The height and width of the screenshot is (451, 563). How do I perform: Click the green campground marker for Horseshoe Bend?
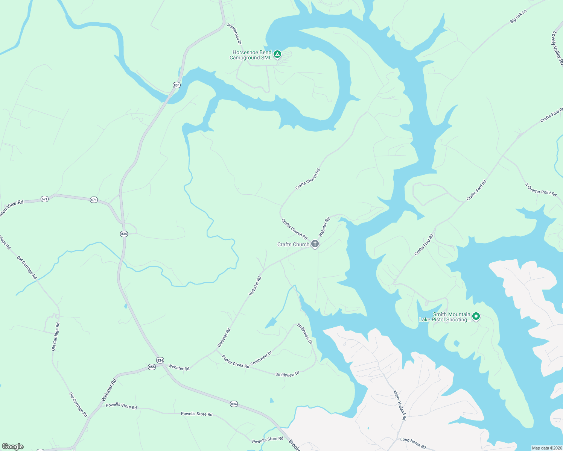coord(277,55)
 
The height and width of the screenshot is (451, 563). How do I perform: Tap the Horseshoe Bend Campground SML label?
coord(251,55)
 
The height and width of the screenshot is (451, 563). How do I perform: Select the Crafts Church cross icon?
coord(315,244)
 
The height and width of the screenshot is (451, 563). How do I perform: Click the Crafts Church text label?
coord(293,244)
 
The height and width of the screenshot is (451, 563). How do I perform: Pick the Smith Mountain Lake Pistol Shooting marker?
coord(476,317)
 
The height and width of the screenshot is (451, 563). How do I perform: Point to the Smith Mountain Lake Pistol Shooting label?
coord(445,317)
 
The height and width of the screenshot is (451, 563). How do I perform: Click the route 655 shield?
coord(152,367)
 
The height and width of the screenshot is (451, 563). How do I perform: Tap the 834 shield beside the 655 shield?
coord(160,360)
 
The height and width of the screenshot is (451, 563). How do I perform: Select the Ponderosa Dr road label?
coord(234,34)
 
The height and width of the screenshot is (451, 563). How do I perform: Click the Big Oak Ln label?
coord(518,17)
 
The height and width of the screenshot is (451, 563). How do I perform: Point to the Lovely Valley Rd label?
coord(557,48)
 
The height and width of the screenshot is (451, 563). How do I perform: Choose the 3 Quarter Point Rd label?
coord(541,189)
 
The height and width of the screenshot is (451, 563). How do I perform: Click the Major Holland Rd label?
coord(400,405)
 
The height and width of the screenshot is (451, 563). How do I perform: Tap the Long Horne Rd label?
coord(413,443)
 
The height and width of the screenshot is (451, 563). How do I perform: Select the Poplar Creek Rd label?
coord(236,362)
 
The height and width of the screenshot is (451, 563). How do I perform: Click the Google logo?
coord(13,446)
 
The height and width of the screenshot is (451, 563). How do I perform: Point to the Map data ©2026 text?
coord(546,448)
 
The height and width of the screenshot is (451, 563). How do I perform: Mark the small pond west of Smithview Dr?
coord(271,322)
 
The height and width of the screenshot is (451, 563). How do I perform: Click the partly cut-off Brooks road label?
coord(294,445)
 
